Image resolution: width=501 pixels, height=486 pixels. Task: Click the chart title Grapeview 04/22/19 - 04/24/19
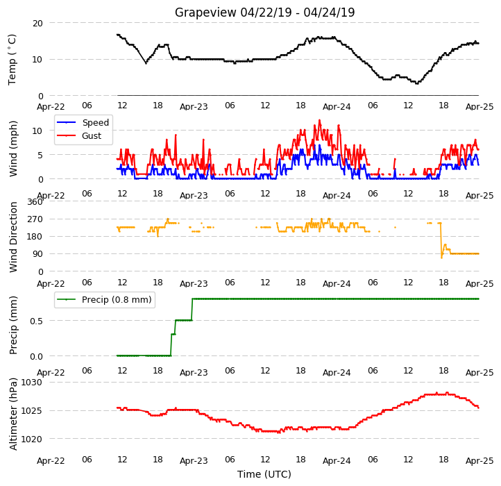pyautogui.click(x=264, y=12)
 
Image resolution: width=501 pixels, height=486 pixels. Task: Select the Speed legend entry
pyautogui.click(x=83, y=122)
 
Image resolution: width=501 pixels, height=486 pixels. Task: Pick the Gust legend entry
pyautogui.click(x=79, y=135)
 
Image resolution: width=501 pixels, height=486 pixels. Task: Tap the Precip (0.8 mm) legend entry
pyautogui.click(x=104, y=300)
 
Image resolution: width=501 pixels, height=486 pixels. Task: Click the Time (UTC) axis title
pyautogui.click(x=264, y=474)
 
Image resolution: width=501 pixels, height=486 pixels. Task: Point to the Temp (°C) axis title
pyautogui.click(x=12, y=60)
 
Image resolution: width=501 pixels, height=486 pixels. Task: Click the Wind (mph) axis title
pyautogui.click(x=13, y=149)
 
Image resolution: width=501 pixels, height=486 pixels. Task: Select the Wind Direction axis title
pyautogui.click(x=13, y=237)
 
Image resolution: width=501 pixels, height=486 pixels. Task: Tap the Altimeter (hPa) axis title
pyautogui.click(x=13, y=414)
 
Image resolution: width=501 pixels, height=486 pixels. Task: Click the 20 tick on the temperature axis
pyautogui.click(x=37, y=24)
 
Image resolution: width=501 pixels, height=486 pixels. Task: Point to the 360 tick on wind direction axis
pyautogui.click(x=35, y=202)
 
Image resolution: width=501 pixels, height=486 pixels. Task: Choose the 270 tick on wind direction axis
pyautogui.click(x=35, y=219)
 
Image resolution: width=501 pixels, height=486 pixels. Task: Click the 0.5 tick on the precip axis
pyautogui.click(x=36, y=321)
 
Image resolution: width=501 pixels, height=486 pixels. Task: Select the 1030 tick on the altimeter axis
pyautogui.click(x=31, y=383)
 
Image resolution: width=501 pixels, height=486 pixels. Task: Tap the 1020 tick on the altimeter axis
pyautogui.click(x=31, y=439)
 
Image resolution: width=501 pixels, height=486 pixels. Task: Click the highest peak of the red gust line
pyautogui.click(x=319, y=120)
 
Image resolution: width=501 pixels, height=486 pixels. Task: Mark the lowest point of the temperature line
pyautogui.click(x=416, y=83)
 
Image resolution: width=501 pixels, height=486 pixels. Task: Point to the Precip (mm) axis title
pyautogui.click(x=13, y=325)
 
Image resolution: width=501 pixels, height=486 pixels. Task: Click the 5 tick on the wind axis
pyautogui.click(x=40, y=155)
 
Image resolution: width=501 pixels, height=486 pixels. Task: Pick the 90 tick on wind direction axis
pyautogui.click(x=37, y=254)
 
